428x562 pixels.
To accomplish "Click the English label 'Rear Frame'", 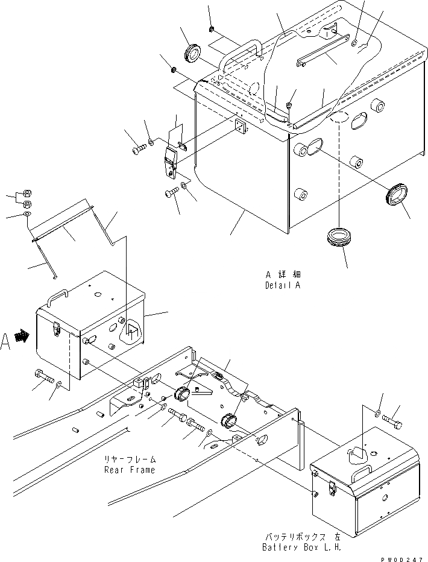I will [129, 470].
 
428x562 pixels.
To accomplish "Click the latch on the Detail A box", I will [171, 160].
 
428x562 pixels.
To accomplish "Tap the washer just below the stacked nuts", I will [28, 214].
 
